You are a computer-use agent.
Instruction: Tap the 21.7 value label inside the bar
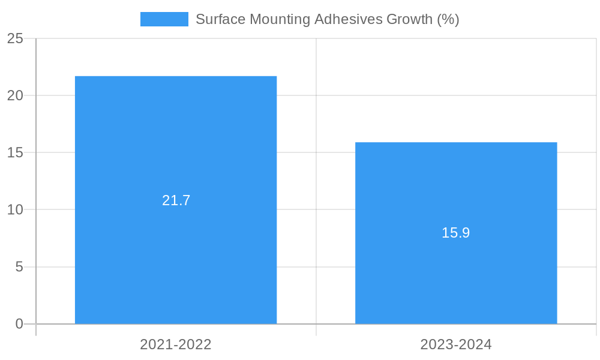(176, 200)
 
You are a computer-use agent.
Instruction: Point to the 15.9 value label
(456, 233)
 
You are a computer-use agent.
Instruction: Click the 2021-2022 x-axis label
(176, 344)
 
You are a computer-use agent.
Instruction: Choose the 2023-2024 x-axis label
(456, 344)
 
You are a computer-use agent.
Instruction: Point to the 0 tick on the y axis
(19, 324)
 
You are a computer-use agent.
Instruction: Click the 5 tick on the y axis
(19, 267)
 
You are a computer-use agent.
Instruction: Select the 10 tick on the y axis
(16, 210)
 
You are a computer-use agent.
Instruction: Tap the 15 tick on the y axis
(16, 152)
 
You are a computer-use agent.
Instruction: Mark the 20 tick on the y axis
(16, 95)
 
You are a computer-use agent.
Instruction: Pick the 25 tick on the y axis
(16, 38)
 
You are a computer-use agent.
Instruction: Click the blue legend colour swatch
(164, 19)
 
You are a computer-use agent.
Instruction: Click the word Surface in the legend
(220, 19)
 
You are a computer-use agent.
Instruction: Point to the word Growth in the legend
(409, 19)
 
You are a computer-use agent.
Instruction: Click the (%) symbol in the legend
(448, 19)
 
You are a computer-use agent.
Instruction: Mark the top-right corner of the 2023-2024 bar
(557, 143)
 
